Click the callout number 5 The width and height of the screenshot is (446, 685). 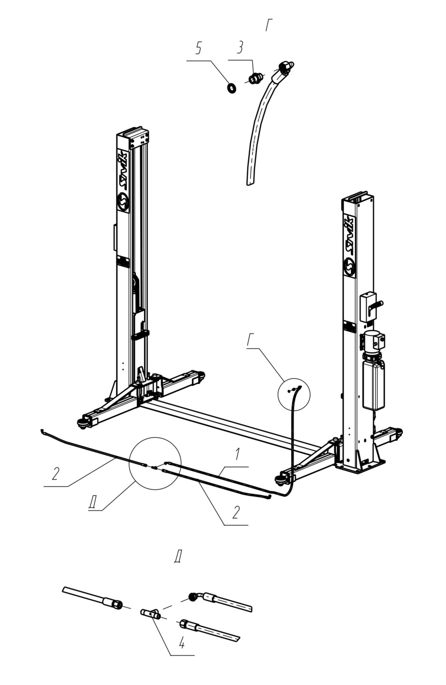click(x=199, y=49)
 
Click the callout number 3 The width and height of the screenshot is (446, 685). click(x=240, y=48)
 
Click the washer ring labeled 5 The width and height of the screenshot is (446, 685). click(x=232, y=88)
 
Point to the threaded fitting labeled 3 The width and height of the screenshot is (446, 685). click(x=254, y=78)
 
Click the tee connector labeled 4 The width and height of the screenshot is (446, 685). click(x=151, y=613)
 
